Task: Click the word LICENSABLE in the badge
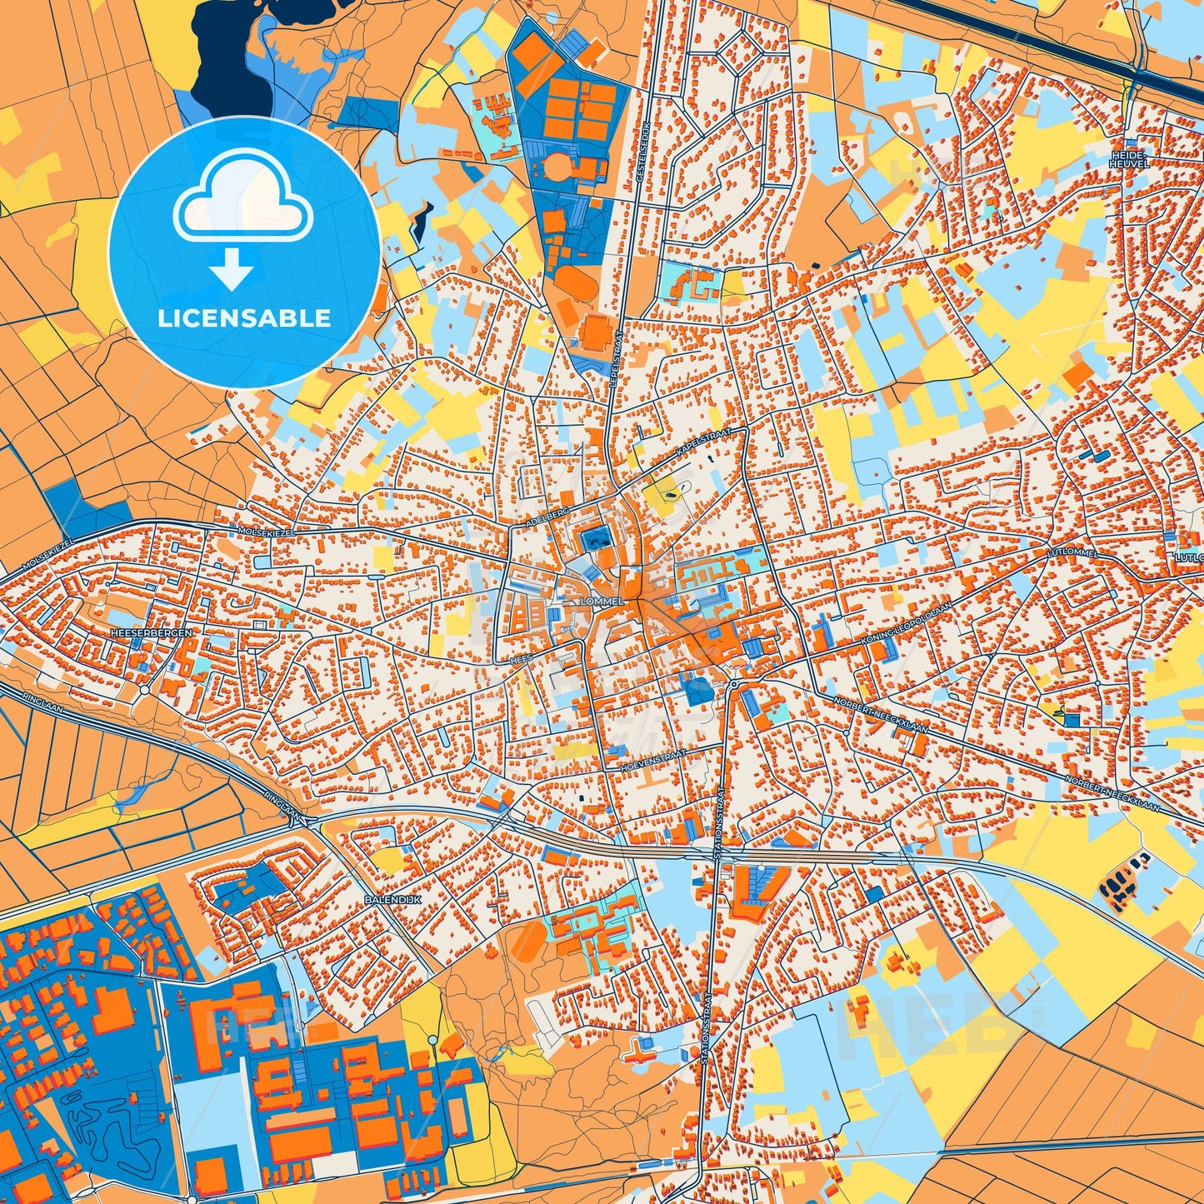click(x=244, y=317)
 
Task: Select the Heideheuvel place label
click(x=1129, y=159)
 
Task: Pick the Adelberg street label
click(x=547, y=516)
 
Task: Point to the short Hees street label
click(x=520, y=658)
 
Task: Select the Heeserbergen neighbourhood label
click(x=151, y=633)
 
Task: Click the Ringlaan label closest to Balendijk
click(x=280, y=804)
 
